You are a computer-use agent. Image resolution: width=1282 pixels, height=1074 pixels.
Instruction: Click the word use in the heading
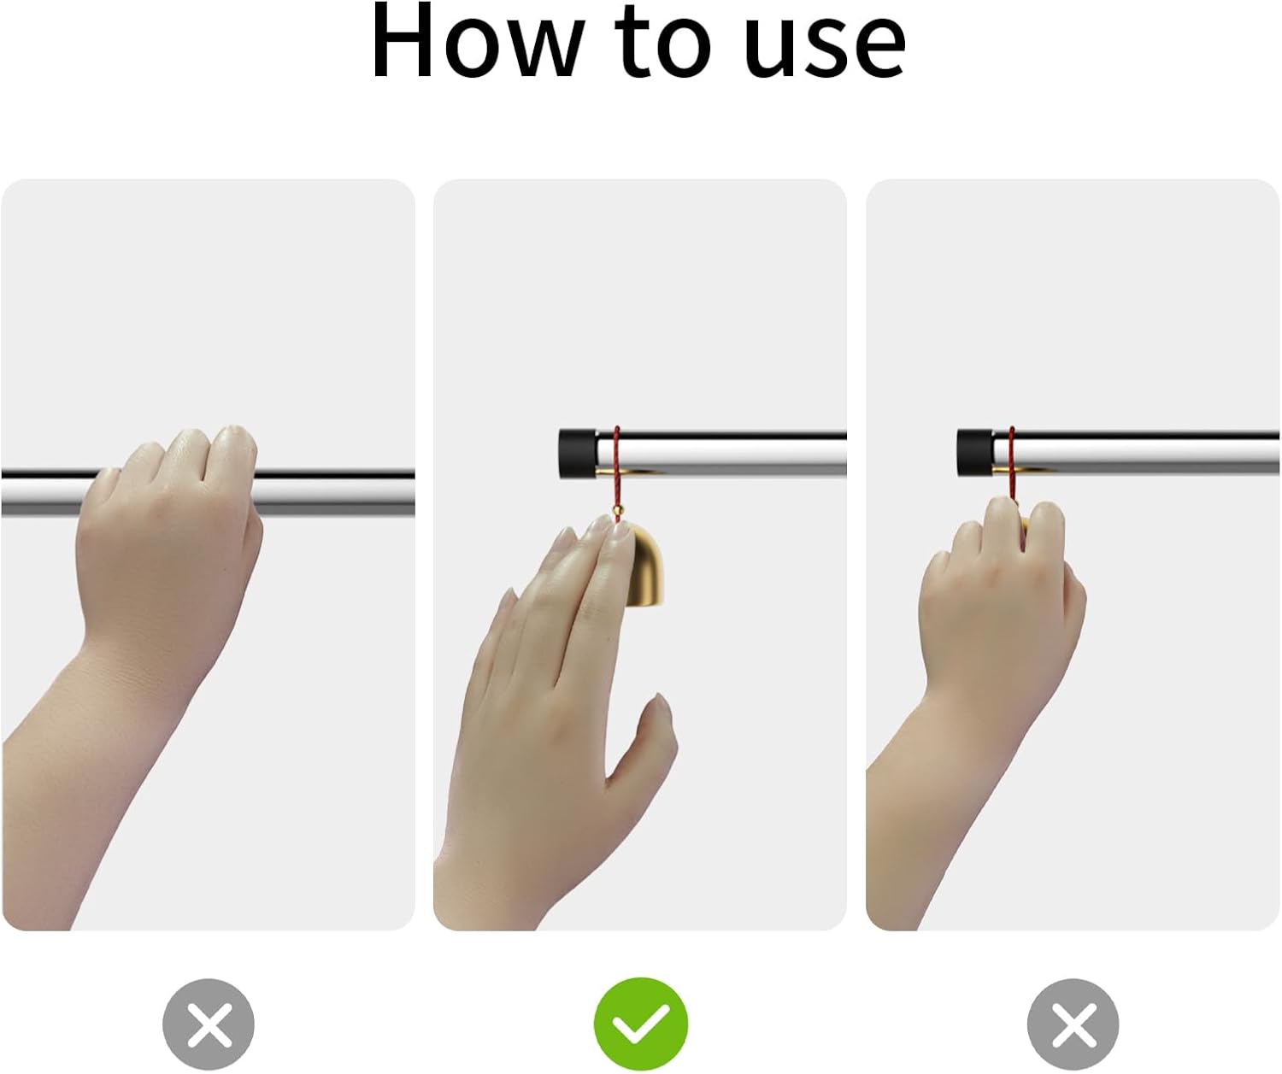click(825, 47)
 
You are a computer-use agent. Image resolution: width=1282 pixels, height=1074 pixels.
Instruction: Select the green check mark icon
click(640, 1024)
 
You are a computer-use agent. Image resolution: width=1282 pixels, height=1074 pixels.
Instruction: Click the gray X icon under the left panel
click(209, 1024)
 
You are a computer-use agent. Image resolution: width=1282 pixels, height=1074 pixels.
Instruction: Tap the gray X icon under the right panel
click(1073, 1024)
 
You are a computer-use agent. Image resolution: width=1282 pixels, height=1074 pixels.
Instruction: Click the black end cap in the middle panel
click(577, 455)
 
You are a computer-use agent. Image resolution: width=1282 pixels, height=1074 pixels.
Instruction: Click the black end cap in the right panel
click(975, 455)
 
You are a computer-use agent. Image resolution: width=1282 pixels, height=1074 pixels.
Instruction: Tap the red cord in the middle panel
click(616, 472)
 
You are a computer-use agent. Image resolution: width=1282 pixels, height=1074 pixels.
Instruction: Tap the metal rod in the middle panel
click(721, 455)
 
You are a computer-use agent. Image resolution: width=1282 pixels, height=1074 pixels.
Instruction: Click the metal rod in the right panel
click(1136, 455)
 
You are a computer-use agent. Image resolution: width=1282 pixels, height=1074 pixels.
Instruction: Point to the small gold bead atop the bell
click(617, 510)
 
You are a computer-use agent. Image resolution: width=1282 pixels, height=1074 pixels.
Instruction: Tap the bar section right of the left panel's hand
click(335, 492)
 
